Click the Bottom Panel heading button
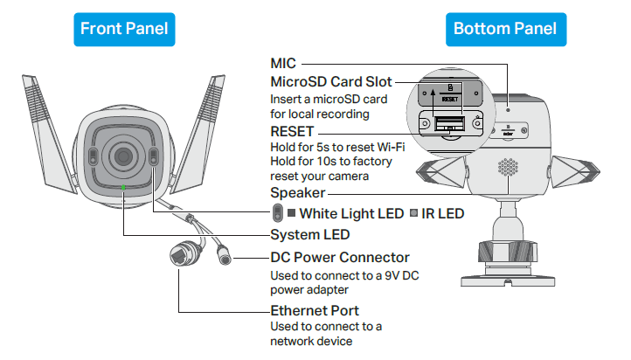504,29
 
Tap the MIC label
284,63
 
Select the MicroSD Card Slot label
331,81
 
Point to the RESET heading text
293,131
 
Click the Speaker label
297,193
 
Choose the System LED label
310,234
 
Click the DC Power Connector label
340,258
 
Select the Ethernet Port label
315,310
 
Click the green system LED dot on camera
125,186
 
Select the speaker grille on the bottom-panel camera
507,169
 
